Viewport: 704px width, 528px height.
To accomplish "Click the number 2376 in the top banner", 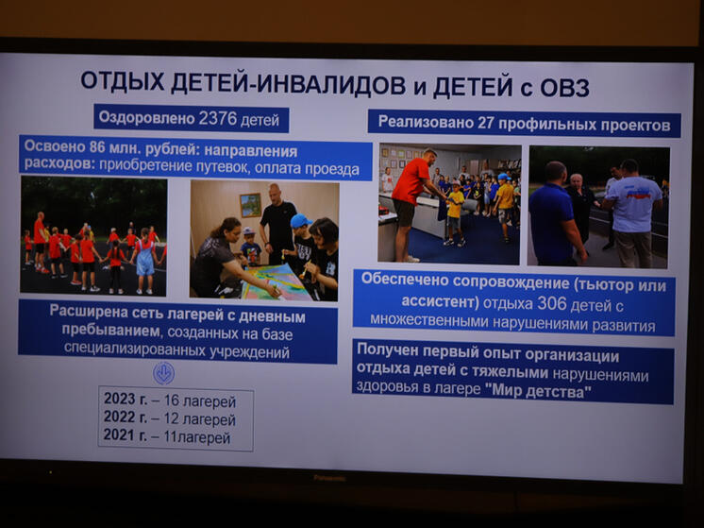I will (x=221, y=120).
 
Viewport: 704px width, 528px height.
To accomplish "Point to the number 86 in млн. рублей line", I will (x=91, y=150).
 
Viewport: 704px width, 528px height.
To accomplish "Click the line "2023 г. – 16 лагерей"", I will (x=169, y=400).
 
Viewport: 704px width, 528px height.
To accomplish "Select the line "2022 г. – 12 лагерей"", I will (x=169, y=419).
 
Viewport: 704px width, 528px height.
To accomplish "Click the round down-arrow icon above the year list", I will (x=163, y=372).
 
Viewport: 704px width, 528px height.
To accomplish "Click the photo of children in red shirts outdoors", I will (x=93, y=236).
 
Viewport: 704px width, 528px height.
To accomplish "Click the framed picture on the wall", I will (x=249, y=204).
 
